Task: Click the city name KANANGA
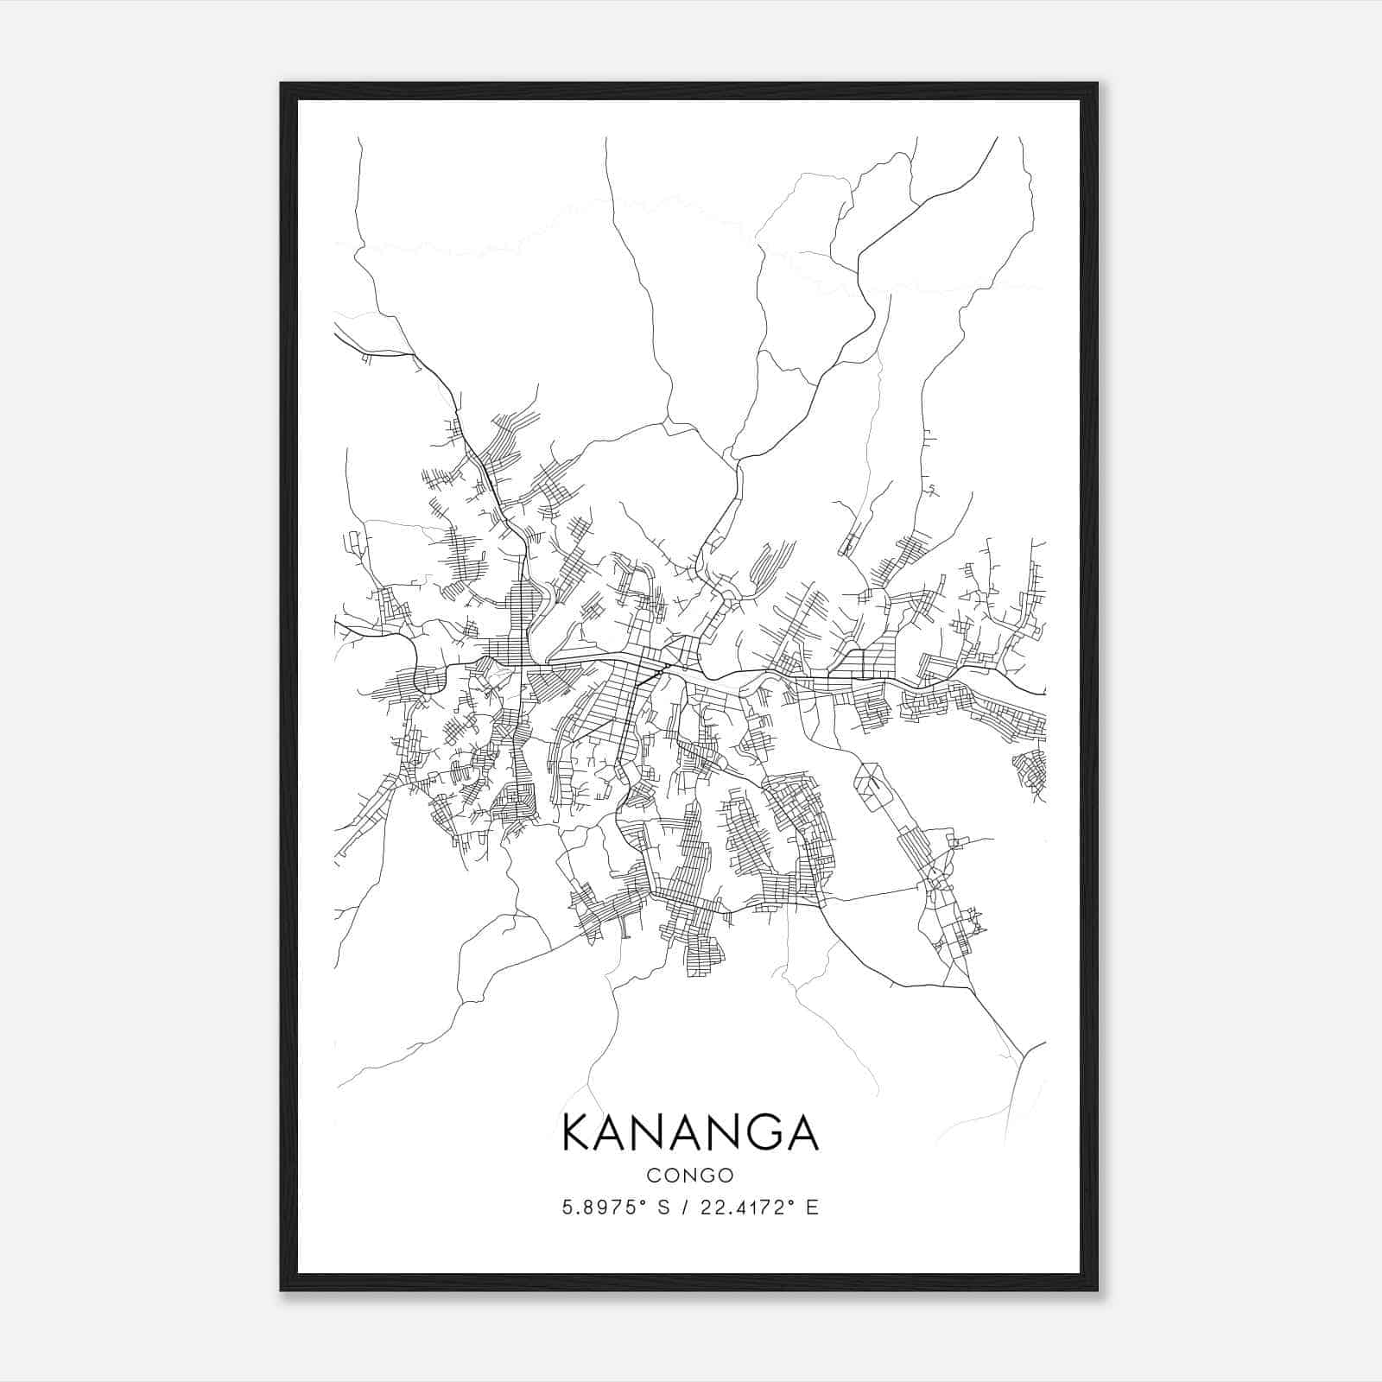(690, 1132)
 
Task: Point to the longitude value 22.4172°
(744, 1208)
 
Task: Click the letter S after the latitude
(663, 1208)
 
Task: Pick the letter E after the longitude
(811, 1208)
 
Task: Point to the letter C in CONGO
(653, 1176)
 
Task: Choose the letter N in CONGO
(690, 1176)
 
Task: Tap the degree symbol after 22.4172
(790, 1202)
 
